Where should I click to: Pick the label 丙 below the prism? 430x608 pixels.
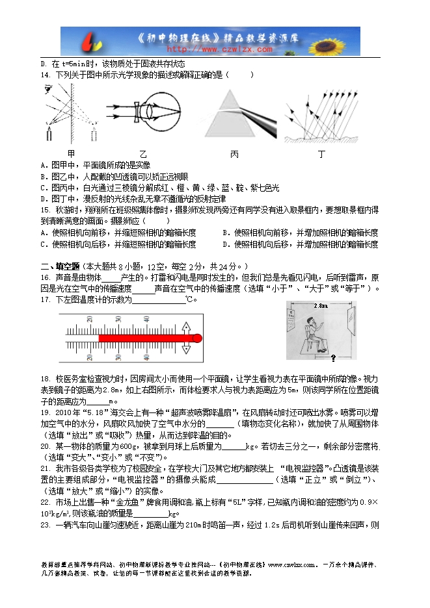click(234, 154)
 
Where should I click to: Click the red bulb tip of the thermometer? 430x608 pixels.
click(197, 338)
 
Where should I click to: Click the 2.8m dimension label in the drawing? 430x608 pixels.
click(320, 305)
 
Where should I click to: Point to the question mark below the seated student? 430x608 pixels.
click(333, 358)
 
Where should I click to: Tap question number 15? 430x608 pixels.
click(45, 210)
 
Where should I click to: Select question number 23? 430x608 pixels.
click(45, 507)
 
